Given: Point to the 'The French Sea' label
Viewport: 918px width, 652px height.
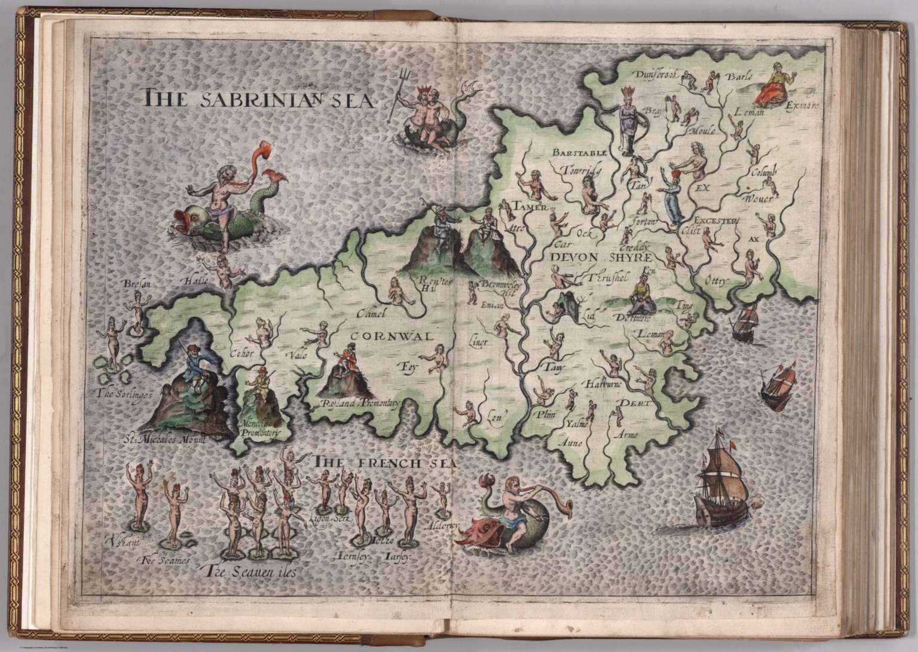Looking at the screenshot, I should (385, 463).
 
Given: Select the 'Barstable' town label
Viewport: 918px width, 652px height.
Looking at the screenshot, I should (579, 153).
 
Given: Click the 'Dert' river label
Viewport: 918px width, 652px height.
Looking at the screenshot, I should (636, 403).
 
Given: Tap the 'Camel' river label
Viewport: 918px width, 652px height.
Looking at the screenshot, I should (372, 313).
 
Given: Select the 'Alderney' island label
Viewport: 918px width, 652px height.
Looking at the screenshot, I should (443, 525).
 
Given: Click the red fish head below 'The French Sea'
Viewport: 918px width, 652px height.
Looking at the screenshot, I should (475, 532).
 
